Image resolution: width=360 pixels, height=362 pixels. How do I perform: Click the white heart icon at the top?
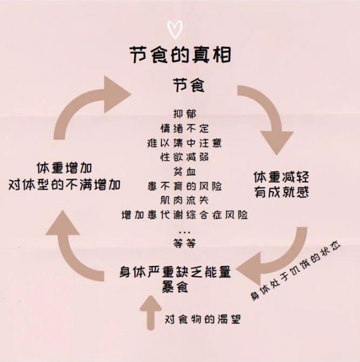click(x=175, y=29)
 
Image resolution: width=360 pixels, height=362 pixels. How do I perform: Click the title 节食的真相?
click(x=180, y=55)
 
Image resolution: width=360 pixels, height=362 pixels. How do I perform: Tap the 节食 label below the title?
click(x=189, y=85)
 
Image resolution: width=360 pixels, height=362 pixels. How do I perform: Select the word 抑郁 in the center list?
click(x=185, y=114)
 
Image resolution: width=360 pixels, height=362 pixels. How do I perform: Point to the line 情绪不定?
click(x=185, y=128)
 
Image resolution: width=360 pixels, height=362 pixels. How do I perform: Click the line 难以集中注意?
click(x=185, y=143)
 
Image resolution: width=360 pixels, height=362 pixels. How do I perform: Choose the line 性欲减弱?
click(x=185, y=157)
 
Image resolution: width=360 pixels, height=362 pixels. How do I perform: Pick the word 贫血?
click(x=185, y=172)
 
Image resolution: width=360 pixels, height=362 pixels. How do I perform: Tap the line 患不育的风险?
click(x=185, y=186)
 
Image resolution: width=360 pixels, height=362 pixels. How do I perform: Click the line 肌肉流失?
click(x=185, y=201)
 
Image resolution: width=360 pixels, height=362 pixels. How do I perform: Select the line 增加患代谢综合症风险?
click(x=185, y=215)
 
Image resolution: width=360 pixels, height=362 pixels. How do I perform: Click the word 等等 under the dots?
click(x=185, y=243)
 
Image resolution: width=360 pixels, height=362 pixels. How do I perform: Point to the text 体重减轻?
click(x=281, y=177)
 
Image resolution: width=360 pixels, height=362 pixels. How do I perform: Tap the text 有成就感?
click(x=281, y=192)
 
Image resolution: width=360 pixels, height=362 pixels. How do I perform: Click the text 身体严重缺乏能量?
click(x=175, y=272)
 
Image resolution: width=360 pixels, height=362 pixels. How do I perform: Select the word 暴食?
click(x=175, y=287)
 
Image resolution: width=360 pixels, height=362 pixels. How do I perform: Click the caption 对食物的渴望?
click(x=203, y=319)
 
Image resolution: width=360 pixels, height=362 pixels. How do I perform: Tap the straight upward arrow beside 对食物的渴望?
click(x=151, y=313)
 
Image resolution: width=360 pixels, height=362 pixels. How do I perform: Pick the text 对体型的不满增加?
click(x=64, y=184)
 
